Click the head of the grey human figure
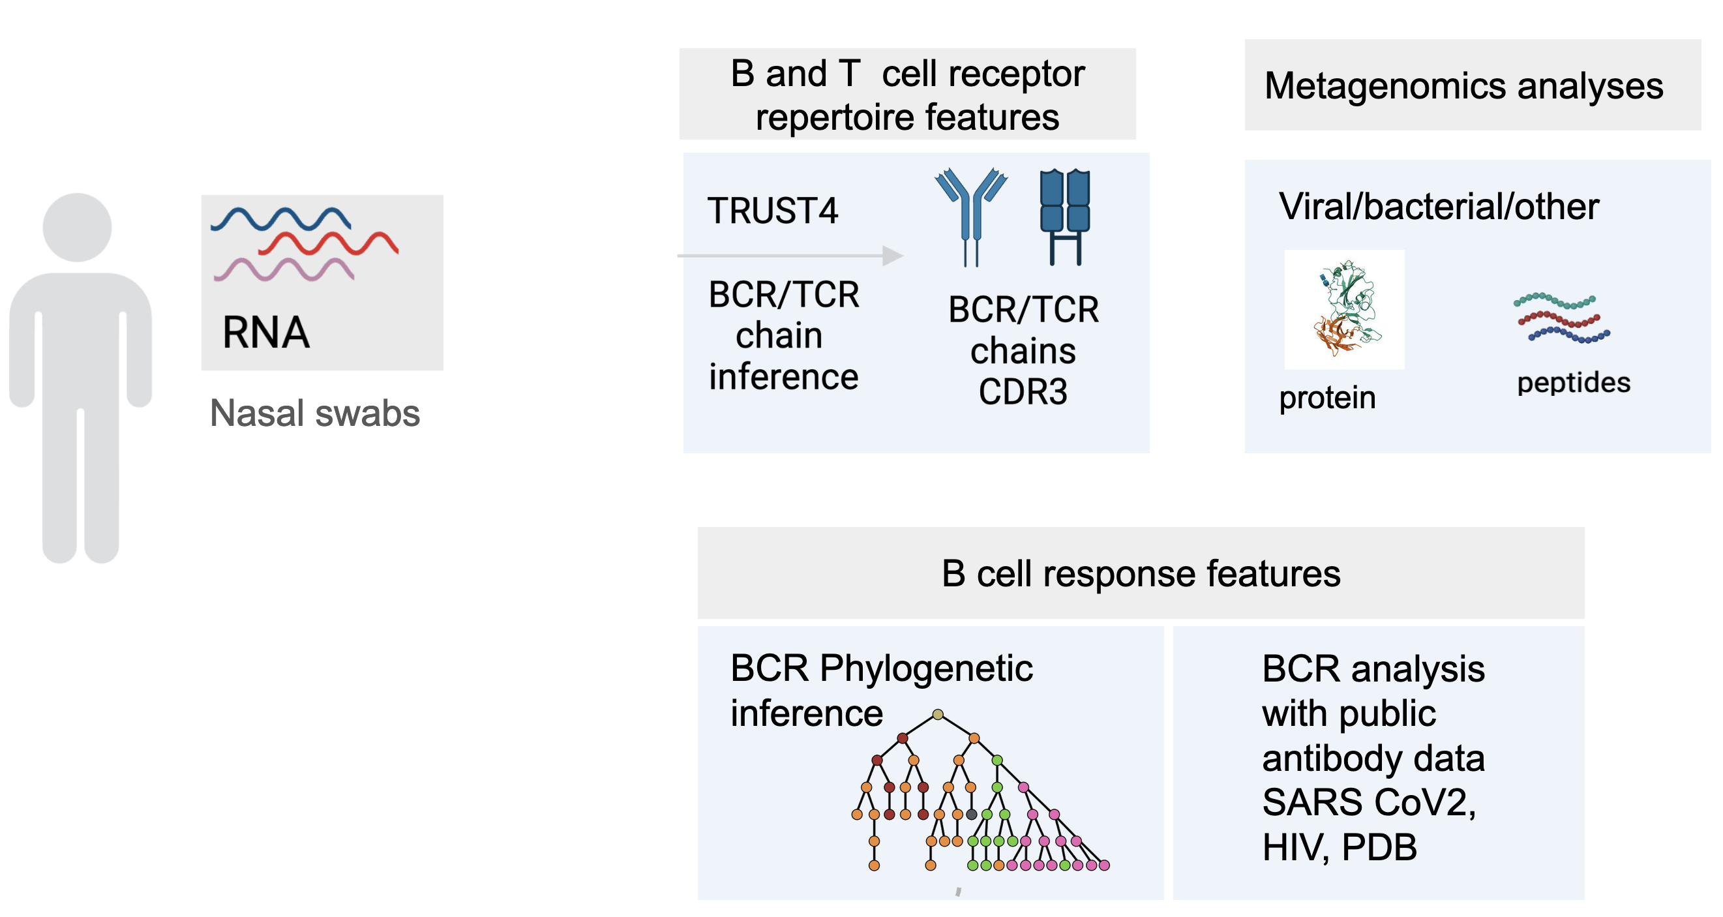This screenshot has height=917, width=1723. coord(77,228)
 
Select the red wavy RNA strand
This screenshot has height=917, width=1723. coord(329,243)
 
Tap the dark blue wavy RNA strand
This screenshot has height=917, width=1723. coord(281,219)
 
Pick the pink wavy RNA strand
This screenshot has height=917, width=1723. coord(284,269)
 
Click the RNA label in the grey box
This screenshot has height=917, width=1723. coord(266,333)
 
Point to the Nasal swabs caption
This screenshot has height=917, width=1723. coord(315,413)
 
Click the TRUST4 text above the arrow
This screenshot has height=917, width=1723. coord(773,211)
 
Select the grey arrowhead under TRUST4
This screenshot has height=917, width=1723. coord(893,256)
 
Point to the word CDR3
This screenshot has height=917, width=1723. coord(1023,392)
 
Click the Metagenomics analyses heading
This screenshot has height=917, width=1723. coord(1463,86)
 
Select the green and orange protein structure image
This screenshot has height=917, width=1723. coord(1344,308)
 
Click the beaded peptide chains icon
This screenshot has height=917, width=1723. coord(1562,318)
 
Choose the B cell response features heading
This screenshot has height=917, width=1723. coord(1141,573)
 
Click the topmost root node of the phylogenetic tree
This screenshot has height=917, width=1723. coord(938,714)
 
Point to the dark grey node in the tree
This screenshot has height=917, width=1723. coord(971,814)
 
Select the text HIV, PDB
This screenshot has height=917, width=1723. coord(1339,847)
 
